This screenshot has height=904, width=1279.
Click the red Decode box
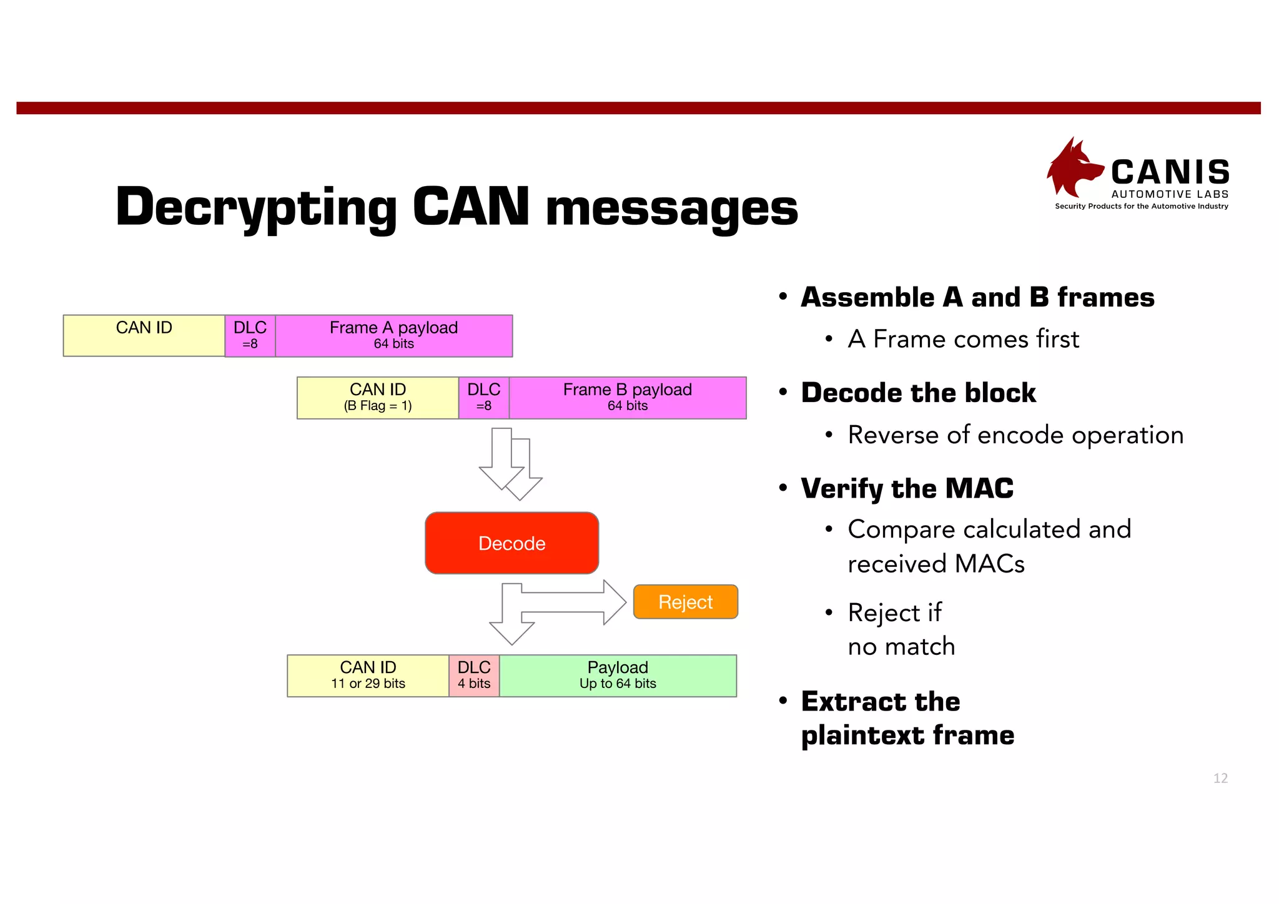pos(511,543)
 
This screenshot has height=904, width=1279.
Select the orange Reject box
pos(685,602)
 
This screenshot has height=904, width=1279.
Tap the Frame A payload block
pos(393,336)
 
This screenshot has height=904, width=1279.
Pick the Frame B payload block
pos(627,398)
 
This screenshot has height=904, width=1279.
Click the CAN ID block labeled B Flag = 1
pos(377,398)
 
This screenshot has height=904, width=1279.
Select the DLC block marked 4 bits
pos(473,676)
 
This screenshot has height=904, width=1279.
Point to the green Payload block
pos(618,676)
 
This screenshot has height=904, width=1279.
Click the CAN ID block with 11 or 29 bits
pos(368,676)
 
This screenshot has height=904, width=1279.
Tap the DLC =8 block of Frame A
pos(250,336)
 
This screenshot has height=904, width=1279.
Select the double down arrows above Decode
pos(510,463)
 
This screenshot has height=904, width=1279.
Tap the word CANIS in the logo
pos(1170,172)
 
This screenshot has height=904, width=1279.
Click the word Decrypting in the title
pos(256,207)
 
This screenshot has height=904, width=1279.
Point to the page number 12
pos(1220,778)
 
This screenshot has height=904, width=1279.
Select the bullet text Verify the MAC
pos(907,488)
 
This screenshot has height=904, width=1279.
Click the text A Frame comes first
pos(963,339)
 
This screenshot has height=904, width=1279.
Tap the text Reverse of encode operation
pos(1015,435)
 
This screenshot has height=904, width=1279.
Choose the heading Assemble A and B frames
pos(977,297)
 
